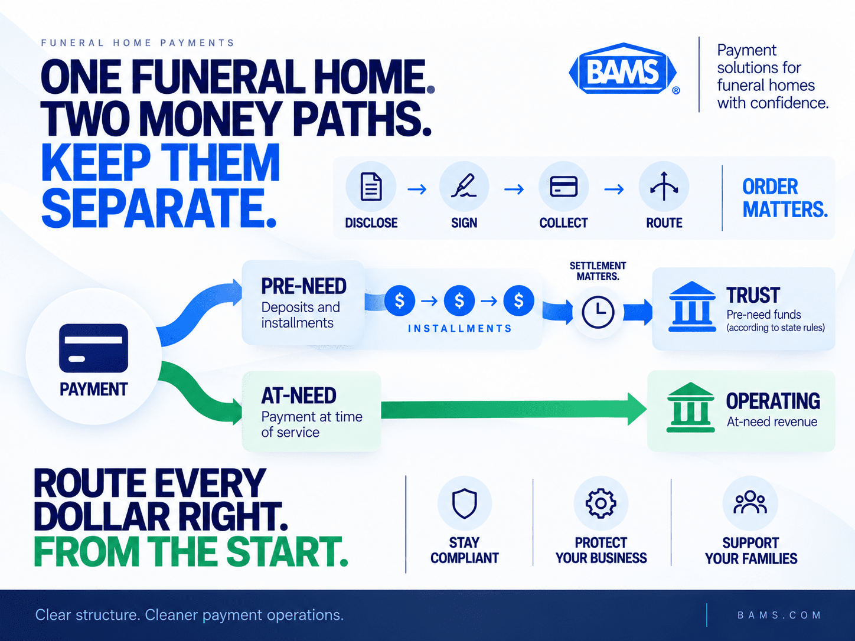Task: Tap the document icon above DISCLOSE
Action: coord(371,187)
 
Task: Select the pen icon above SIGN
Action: coord(464,186)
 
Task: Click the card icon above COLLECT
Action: coord(563,186)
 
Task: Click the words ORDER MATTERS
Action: coord(785,198)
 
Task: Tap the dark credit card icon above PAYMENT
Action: coord(93,348)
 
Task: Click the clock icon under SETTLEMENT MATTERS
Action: coord(598,312)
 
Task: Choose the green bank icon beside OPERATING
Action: coord(690,407)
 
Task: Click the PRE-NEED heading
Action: coord(304,286)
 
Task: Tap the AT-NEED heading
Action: coord(299,395)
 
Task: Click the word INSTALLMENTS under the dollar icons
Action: coord(459,329)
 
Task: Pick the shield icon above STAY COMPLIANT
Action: coord(464,503)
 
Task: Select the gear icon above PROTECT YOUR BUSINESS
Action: coord(601,503)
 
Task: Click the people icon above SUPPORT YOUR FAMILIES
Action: coord(750,502)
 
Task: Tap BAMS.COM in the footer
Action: coord(779,615)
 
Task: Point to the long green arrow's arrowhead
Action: coord(637,410)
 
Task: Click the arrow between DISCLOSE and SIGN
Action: coord(417,189)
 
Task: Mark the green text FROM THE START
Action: coord(191,551)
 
